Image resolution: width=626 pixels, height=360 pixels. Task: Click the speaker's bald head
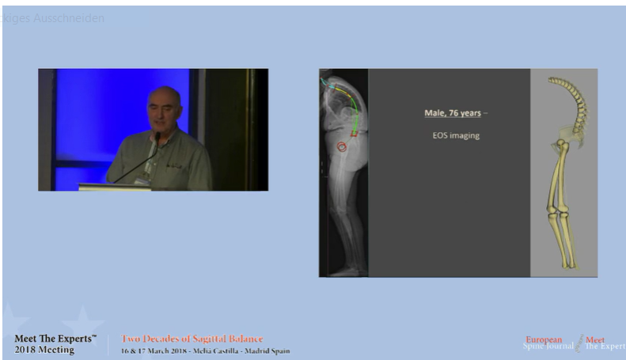coord(163,98)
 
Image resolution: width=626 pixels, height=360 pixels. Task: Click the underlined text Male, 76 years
coord(453,113)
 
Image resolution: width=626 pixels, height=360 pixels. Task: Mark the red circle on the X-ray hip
coord(343,146)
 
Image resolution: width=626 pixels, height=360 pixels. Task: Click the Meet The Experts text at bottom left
coord(55,339)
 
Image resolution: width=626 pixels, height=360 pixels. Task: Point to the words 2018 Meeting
coord(44,350)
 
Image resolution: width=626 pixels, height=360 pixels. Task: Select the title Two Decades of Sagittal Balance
coord(192,339)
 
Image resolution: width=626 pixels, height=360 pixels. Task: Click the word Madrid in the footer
coord(253,351)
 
